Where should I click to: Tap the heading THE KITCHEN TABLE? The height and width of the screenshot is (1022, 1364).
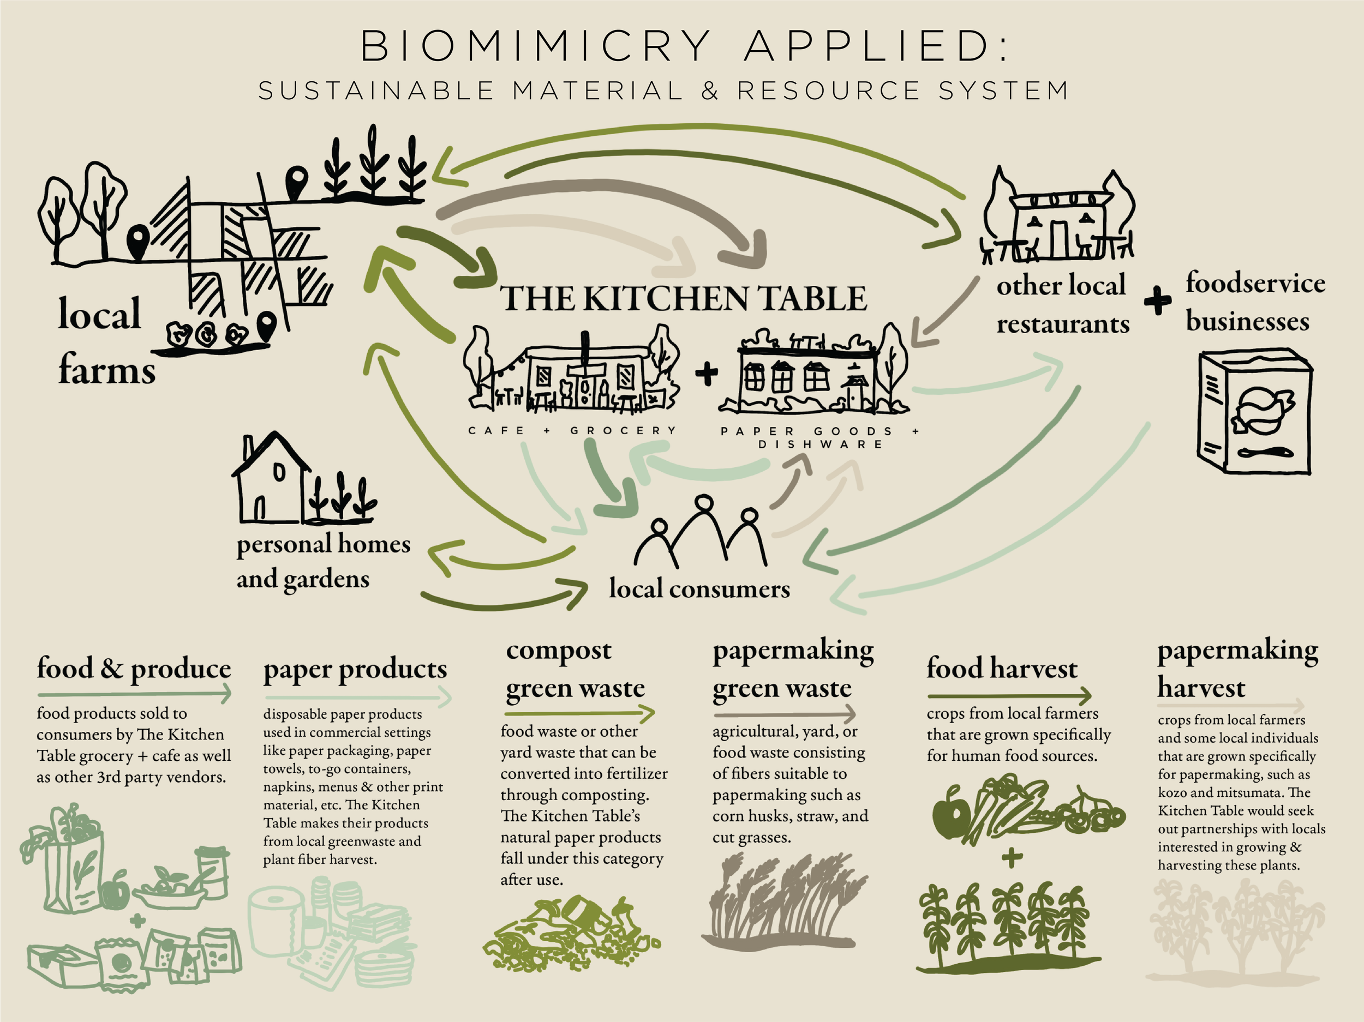[x=683, y=298]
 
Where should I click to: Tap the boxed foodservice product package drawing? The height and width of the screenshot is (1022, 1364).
[x=1254, y=411]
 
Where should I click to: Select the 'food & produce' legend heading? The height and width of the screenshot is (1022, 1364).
[x=134, y=669]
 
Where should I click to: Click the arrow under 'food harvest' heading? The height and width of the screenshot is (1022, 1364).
[x=1009, y=696]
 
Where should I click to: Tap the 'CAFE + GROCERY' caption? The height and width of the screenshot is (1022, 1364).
[x=572, y=430]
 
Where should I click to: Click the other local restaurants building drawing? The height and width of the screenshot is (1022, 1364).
[x=1058, y=222]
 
